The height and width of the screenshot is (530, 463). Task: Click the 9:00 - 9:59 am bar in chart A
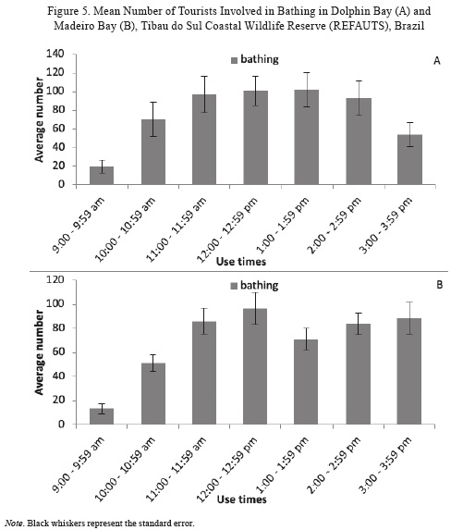pos(102,176)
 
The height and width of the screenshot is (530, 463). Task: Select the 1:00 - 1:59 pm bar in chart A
pos(307,137)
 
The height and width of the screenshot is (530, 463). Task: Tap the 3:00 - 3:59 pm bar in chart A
pos(409,159)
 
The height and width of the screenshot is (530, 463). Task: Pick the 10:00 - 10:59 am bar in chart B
pos(153,394)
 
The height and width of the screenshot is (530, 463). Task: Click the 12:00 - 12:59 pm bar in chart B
pos(255,366)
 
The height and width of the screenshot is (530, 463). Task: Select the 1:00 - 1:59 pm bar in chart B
pos(306,382)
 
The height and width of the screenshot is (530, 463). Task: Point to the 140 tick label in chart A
pos(55,54)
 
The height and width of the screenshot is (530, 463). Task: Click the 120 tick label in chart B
pos(55,280)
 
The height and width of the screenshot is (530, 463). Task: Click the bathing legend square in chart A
pos(235,60)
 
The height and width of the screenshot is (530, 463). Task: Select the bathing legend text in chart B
pos(260,286)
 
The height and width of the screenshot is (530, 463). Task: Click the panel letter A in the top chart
pos(437,61)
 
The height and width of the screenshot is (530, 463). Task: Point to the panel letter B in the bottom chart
pos(439,285)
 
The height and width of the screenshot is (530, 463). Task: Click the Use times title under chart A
pos(241,262)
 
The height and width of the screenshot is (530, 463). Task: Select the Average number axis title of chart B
pos(39,352)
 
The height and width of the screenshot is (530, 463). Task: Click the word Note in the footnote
pos(14,524)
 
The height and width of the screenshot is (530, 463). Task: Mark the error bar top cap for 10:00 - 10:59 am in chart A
pos(153,102)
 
